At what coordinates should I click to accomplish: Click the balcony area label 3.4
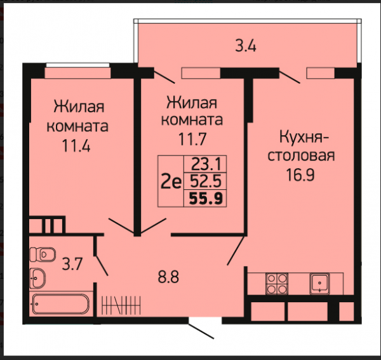pos(245,46)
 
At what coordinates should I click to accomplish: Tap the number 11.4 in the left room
pos(76,146)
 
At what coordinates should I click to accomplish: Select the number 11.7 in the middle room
pos(192,139)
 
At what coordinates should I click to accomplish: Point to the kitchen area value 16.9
pos(300,175)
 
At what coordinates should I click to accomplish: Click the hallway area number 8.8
pos(168,277)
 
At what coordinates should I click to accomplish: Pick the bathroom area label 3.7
pos(72,264)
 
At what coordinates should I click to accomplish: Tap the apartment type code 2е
pos(171,182)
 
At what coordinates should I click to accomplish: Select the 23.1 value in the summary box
pos(206,164)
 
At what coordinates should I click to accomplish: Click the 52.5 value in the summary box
pos(206,181)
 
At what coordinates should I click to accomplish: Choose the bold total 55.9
pos(206,199)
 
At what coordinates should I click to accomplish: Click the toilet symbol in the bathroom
pos(43,255)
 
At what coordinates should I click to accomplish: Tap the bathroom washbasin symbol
pos(37,278)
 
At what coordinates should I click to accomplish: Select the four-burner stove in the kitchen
pos(277,284)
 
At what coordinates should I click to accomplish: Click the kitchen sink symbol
pos(319,283)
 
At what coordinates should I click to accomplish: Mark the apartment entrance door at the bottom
pos(201,331)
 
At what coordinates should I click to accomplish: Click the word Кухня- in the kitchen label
pos(304,138)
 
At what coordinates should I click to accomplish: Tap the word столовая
pos(301,156)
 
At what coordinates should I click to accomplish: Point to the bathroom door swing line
pos(102,265)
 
